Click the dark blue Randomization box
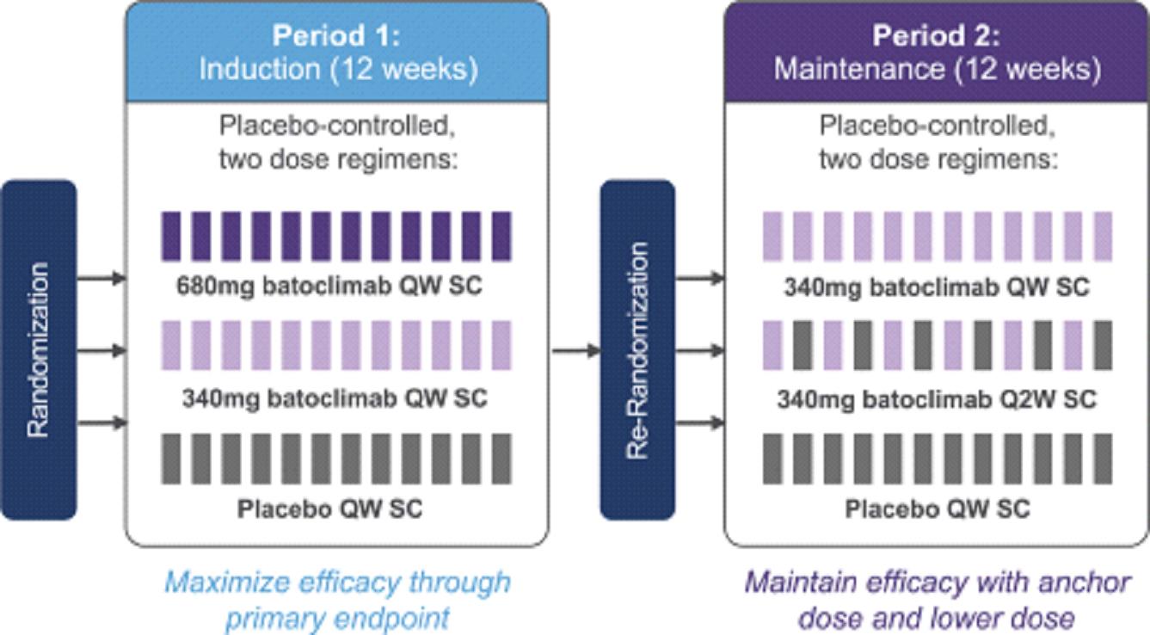(x=39, y=350)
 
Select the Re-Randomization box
(x=636, y=350)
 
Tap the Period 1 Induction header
(x=337, y=52)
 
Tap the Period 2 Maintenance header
(x=937, y=52)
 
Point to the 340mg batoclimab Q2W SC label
(x=937, y=399)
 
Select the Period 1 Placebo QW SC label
(x=330, y=509)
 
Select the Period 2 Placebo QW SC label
(x=937, y=509)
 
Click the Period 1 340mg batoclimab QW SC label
(x=334, y=399)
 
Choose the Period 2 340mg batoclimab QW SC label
(x=937, y=287)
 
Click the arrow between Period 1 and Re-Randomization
(x=575, y=350)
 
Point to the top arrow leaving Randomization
(x=101, y=278)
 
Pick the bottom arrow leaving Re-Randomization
(x=699, y=422)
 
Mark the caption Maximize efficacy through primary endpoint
(x=337, y=601)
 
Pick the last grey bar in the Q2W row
(x=1102, y=346)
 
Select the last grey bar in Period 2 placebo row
(x=1102, y=459)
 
